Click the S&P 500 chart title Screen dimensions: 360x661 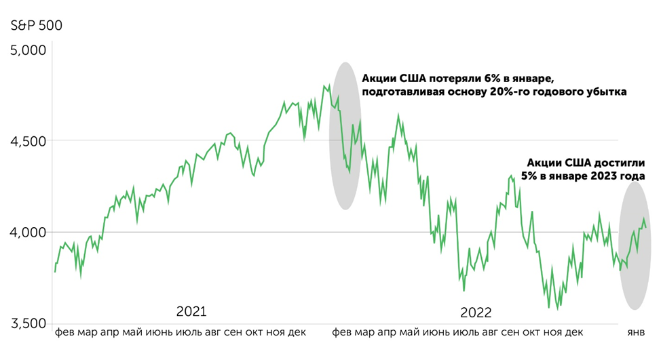point(36,26)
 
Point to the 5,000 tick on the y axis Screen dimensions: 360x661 point(27,51)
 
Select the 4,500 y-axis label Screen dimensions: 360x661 point(27,141)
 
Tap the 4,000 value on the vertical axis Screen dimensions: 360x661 point(27,232)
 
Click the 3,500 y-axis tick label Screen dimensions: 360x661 point(27,323)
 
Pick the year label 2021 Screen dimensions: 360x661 point(191,312)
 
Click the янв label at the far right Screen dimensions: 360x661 point(635,334)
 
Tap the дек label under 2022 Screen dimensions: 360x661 point(574,334)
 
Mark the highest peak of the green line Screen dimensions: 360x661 point(328,85)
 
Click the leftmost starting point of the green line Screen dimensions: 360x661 point(54,271)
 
